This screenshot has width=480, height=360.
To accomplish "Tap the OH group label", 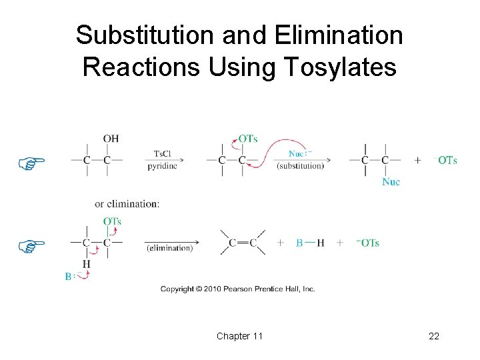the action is (111, 139).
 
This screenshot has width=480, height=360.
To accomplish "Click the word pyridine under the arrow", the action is (163, 166).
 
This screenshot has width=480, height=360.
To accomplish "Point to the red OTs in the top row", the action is (248, 139).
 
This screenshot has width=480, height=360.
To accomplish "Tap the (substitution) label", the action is (300, 166).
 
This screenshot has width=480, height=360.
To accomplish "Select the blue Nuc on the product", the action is (391, 181).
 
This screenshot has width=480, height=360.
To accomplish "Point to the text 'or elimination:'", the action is (127, 204).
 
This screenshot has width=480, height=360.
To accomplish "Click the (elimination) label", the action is (169, 248).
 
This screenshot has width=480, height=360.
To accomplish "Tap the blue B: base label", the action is (69, 276).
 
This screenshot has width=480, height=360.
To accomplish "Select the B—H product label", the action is (310, 243).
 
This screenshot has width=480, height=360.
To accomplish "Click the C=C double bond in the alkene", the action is (243, 243).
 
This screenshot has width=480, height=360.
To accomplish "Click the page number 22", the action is (434, 336).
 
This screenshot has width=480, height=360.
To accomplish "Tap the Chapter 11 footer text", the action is (239, 336).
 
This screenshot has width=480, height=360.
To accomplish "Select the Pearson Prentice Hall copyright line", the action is (237, 289).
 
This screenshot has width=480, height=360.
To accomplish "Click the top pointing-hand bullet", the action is (31, 162).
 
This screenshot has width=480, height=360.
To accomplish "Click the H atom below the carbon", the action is (86, 264).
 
